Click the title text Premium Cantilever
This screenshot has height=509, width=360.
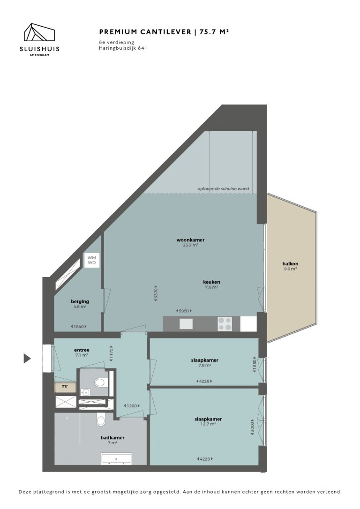tap(145, 32)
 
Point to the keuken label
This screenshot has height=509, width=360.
tap(211, 282)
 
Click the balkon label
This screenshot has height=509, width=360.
tap(290, 263)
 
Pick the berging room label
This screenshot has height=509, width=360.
tap(80, 301)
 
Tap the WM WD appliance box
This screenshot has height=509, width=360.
tap(91, 260)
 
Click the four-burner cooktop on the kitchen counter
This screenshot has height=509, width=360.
tap(225, 323)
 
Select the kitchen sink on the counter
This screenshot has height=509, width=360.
tap(186, 323)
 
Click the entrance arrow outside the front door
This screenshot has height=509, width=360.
tap(27, 359)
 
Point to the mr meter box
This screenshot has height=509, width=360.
tap(65, 387)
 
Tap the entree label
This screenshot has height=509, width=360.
tap(82, 350)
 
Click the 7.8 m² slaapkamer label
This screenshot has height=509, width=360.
tap(205, 360)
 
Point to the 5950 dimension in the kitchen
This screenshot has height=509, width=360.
tap(183, 311)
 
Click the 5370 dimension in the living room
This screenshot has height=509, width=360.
tap(156, 293)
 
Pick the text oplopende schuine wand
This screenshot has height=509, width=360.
tap(223, 189)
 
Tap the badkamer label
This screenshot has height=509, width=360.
tap(112, 438)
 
